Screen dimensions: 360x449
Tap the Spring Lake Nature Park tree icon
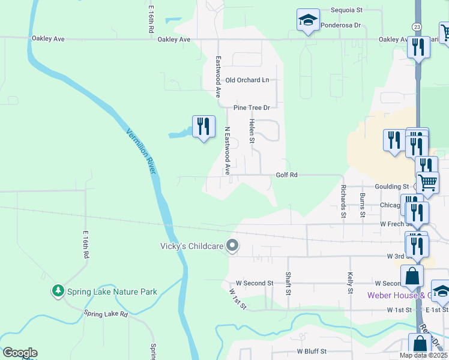point(58,292)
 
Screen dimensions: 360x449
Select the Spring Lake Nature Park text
point(112,292)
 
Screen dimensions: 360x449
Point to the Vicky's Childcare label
point(191,246)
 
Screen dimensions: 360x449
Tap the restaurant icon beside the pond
point(203,126)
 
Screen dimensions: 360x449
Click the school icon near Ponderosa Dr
point(308,20)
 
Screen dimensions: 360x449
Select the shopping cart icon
point(427,181)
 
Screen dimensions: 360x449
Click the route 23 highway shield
point(416,27)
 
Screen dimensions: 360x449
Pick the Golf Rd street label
point(286,175)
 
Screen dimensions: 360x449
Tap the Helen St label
point(252,131)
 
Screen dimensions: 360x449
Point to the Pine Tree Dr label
point(252,107)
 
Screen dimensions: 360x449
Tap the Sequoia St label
point(347,10)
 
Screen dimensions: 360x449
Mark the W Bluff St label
point(311,351)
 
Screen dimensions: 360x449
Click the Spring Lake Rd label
point(106,314)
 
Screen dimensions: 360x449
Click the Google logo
point(20,353)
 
